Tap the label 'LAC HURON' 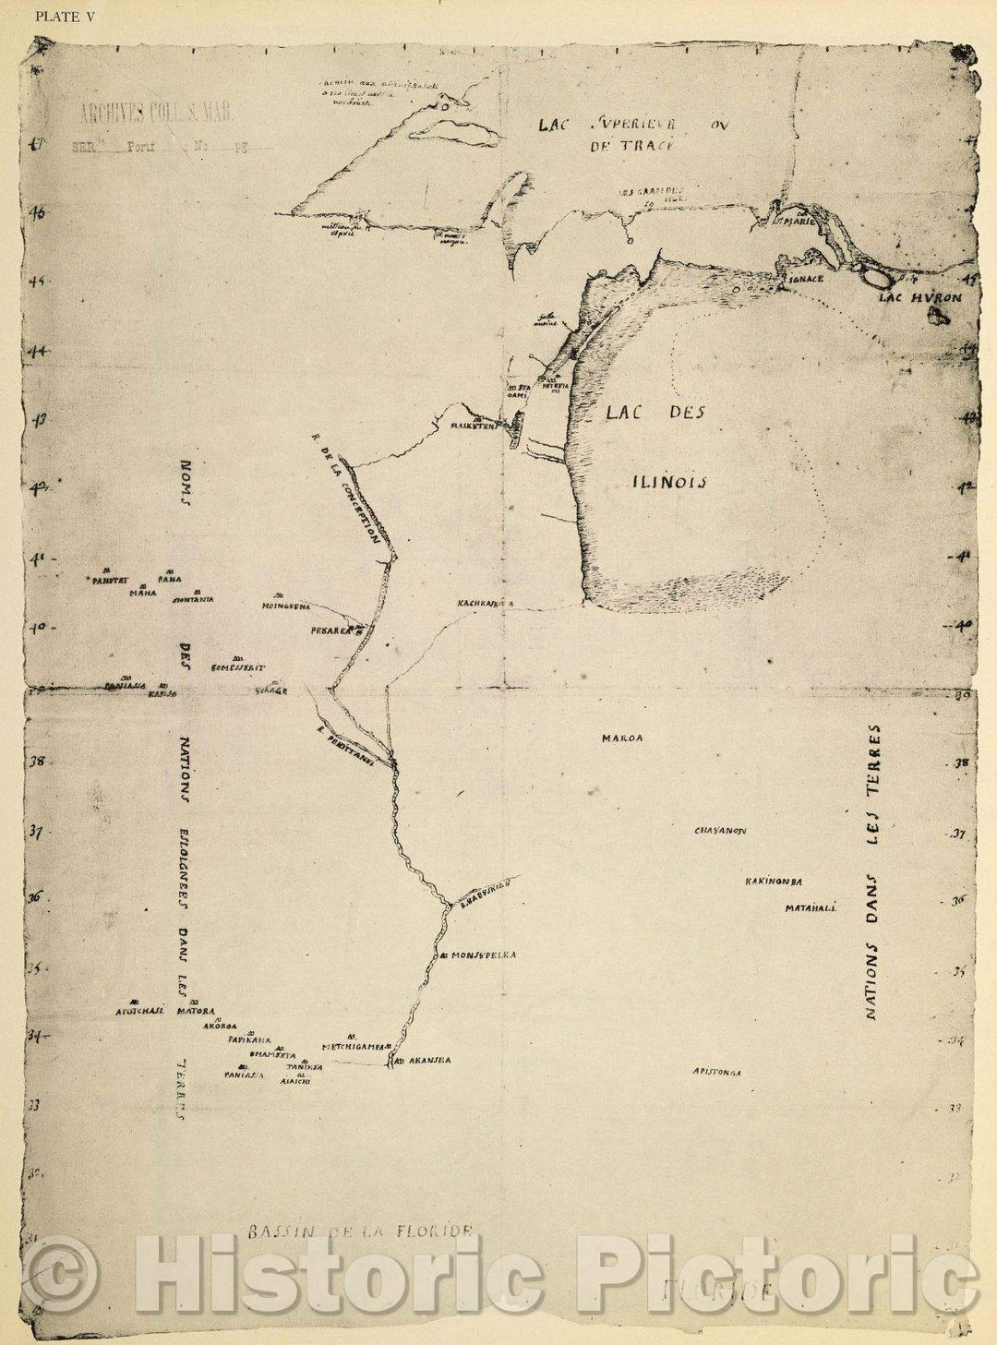click(919, 298)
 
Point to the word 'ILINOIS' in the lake click(669, 481)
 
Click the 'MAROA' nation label click(621, 739)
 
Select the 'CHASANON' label click(720, 831)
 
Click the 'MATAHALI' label click(810, 908)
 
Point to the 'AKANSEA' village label click(427, 1062)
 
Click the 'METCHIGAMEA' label click(352, 1048)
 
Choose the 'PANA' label click(169, 580)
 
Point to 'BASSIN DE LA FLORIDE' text click(360, 1231)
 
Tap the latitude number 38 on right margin click(960, 764)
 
